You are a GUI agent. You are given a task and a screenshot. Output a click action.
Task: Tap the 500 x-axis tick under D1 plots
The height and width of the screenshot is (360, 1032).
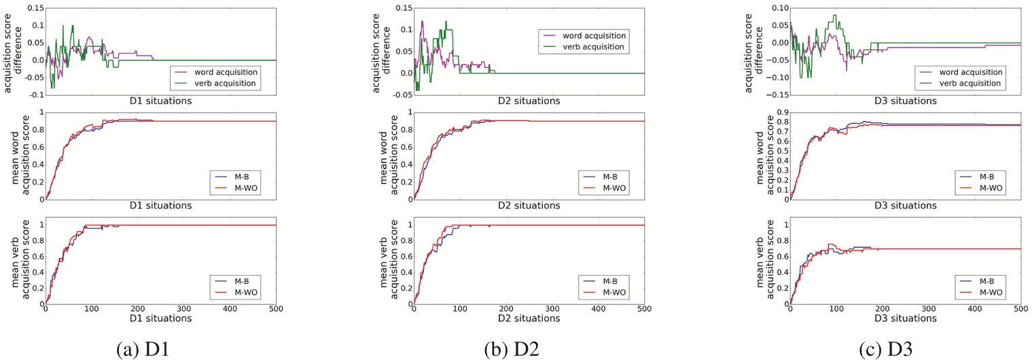tap(276, 308)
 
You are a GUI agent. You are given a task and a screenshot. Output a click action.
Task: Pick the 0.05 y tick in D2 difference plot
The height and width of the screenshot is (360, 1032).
tap(401, 52)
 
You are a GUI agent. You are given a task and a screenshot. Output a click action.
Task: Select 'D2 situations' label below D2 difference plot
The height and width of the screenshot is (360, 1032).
tap(529, 101)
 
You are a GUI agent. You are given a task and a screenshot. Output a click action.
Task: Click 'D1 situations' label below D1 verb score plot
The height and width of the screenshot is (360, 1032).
tap(160, 318)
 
